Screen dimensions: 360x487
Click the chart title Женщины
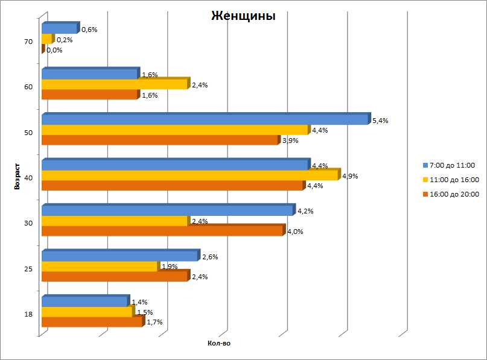coord(243,16)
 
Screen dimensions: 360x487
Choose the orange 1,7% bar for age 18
coord(91,322)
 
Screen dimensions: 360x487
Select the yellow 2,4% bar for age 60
coord(114,85)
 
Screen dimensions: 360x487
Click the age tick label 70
coord(28,42)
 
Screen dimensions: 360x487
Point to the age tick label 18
coord(28,314)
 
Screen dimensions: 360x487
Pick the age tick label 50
coord(28,132)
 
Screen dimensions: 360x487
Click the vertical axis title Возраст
coord(18,175)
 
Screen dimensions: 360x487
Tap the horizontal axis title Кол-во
coord(219,344)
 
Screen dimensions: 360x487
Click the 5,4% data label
coord(380,121)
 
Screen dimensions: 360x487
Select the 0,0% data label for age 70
coord(54,51)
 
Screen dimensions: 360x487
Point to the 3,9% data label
coord(290,141)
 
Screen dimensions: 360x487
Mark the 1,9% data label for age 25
coord(170,267)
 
